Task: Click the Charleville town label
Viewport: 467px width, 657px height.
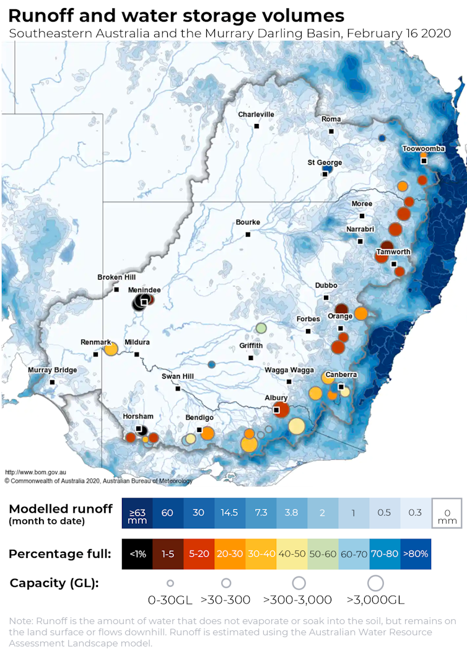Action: [256, 115]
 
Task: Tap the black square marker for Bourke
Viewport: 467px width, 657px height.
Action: [248, 234]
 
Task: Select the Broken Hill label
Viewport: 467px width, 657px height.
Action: [116, 278]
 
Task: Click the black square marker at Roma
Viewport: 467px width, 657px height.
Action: [331, 131]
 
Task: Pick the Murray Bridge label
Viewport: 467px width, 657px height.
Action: [53, 371]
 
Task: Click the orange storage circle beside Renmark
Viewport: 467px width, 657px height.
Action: [111, 349]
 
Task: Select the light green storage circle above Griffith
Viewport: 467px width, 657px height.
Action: [261, 328]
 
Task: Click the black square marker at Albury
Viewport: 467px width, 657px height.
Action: [277, 410]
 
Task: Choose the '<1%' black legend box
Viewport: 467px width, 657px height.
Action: [137, 553]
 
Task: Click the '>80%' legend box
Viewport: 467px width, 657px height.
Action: [415, 553]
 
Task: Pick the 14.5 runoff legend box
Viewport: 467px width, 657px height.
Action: [230, 513]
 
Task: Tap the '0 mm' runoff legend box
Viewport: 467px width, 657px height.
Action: [447, 513]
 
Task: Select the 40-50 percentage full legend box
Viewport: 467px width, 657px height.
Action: [292, 553]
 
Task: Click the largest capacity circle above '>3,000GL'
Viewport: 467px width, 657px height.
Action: [375, 583]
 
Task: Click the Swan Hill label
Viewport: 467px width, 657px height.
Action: [177, 377]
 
